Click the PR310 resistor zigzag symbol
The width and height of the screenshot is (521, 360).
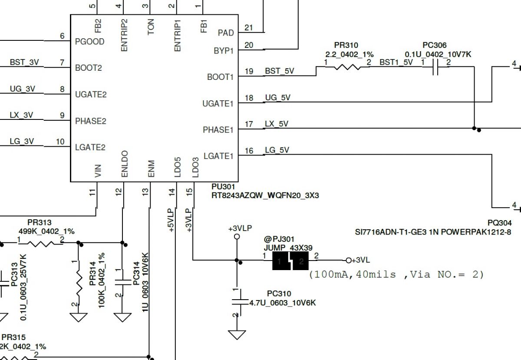pyautogui.click(x=347, y=67)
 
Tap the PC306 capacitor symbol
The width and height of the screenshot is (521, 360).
pyautogui.click(x=435, y=67)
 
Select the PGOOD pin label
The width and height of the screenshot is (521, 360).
pyautogui.click(x=89, y=42)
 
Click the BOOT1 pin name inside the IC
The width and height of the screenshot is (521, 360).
pyautogui.click(x=220, y=77)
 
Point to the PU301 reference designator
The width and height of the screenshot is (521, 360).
pyautogui.click(x=223, y=187)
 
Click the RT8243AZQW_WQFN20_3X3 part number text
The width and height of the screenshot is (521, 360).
pyautogui.click(x=265, y=195)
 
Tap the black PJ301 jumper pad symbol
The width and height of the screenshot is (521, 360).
pyautogui.click(x=290, y=261)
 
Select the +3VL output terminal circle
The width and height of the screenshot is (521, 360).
pyautogui.click(x=348, y=261)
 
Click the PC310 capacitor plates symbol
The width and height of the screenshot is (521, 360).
pyautogui.click(x=240, y=302)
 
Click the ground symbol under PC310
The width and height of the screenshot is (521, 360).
pyautogui.click(x=237, y=335)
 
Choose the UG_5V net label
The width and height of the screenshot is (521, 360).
pyautogui.click(x=278, y=98)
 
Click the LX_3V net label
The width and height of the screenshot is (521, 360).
pyautogui.click(x=21, y=115)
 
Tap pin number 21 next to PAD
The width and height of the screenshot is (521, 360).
pyautogui.click(x=249, y=28)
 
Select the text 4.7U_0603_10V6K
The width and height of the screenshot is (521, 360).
pyautogui.click(x=283, y=303)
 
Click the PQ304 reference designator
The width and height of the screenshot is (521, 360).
pyautogui.click(x=500, y=223)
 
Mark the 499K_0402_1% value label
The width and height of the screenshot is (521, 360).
pyautogui.click(x=46, y=231)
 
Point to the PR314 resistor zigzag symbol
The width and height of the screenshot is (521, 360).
pyautogui.click(x=79, y=284)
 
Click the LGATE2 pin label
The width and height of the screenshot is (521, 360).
pyautogui.click(x=90, y=147)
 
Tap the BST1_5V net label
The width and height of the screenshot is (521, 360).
pyautogui.click(x=396, y=63)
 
